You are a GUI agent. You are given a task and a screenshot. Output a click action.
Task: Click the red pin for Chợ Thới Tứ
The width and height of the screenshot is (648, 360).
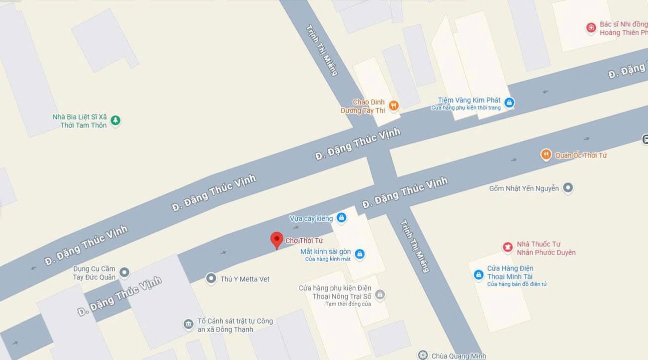pyautogui.click(x=277, y=239)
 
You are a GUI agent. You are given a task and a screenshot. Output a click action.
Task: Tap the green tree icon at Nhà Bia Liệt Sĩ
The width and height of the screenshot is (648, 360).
pyautogui.click(x=116, y=120)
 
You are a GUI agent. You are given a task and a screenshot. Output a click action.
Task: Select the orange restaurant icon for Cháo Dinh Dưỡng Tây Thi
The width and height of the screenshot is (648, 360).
pyautogui.click(x=393, y=105)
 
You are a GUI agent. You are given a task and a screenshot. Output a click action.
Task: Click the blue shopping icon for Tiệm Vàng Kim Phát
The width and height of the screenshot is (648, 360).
pyautogui.click(x=509, y=103)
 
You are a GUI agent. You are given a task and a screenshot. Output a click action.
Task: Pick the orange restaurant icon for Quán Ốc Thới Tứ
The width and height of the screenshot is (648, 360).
pyautogui.click(x=546, y=155)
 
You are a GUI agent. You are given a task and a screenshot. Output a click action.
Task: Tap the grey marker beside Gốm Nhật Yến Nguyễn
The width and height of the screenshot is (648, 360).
pyautogui.click(x=567, y=188)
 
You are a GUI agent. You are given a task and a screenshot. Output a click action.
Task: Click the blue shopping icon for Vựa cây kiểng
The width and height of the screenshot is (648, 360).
pyautogui.click(x=341, y=217)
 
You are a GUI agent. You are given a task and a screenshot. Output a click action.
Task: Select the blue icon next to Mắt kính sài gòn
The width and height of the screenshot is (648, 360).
pyautogui.click(x=359, y=254)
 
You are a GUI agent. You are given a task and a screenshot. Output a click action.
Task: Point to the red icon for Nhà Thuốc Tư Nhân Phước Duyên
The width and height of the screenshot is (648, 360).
pyautogui.click(x=508, y=247)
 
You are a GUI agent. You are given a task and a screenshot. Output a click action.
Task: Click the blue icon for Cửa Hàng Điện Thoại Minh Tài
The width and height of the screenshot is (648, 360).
pyautogui.click(x=478, y=275)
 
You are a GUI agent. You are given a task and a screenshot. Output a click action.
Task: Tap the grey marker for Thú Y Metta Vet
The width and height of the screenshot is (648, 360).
pyautogui.click(x=212, y=278)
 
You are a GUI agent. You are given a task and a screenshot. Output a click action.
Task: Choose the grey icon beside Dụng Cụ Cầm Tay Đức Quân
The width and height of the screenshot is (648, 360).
pyautogui.click(x=124, y=272)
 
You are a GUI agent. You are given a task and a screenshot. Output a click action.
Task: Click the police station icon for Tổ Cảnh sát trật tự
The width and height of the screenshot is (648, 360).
pyautogui.click(x=188, y=324)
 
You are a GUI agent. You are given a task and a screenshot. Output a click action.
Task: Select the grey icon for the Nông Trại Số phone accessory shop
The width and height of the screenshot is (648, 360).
pyautogui.click(x=380, y=295)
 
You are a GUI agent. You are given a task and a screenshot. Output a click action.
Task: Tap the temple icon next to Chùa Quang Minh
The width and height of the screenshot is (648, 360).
pyautogui.click(x=423, y=355)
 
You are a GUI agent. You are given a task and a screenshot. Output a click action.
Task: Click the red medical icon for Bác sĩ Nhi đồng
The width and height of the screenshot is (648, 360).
pyautogui.click(x=591, y=28)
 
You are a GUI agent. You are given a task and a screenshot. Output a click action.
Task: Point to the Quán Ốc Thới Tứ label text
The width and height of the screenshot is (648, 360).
pyautogui.click(x=581, y=155)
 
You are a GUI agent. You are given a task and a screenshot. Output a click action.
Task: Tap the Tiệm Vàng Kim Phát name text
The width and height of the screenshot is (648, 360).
pyautogui.click(x=469, y=100)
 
